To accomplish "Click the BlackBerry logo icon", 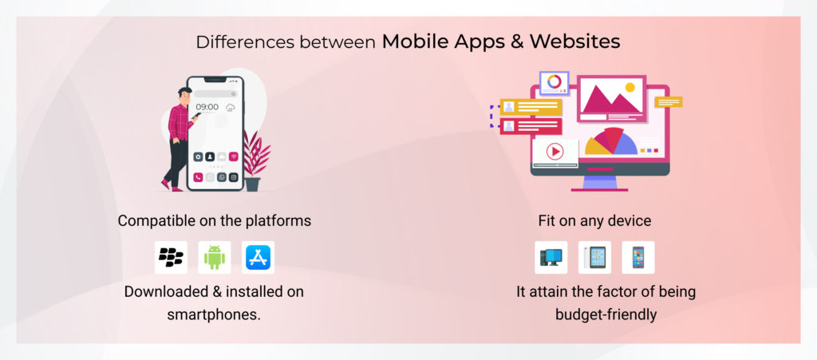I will coord(171,257).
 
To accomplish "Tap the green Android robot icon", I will coord(214,257).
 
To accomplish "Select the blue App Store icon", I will coord(258,257).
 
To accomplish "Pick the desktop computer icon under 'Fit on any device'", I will coord(551,257).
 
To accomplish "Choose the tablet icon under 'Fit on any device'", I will coord(594,257).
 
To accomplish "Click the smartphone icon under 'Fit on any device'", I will coord(637,257).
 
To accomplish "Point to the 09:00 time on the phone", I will coord(207,107).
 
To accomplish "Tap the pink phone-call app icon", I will coord(198,177).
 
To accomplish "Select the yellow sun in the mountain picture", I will coord(630,87).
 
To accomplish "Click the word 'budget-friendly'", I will coord(606,314).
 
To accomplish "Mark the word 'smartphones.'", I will coord(214,314).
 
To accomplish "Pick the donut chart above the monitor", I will coord(554,81).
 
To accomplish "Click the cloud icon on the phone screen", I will coord(231,107).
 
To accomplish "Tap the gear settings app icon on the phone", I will coord(198,157).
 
